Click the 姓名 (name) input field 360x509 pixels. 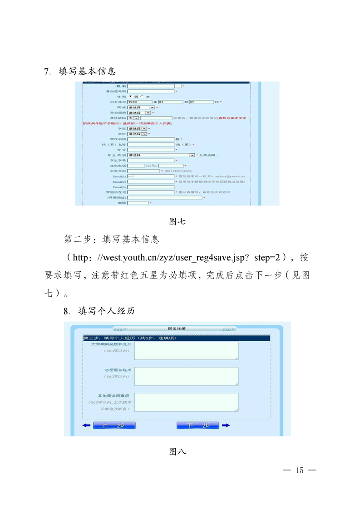(151, 86)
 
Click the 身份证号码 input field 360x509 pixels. (151, 91)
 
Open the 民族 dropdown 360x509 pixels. (141, 108)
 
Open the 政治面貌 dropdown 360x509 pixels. (139, 113)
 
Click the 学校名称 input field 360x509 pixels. (151, 139)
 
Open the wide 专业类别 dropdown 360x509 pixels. (161, 155)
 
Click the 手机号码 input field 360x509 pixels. (144, 171)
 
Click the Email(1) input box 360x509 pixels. (151, 176)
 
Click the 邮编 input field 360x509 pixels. (138, 203)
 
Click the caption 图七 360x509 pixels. (177, 222)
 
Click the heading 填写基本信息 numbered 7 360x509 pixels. (87, 72)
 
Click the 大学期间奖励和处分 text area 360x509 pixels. (186, 350)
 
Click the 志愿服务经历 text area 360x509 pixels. (186, 376)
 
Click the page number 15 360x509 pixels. (299, 470)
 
